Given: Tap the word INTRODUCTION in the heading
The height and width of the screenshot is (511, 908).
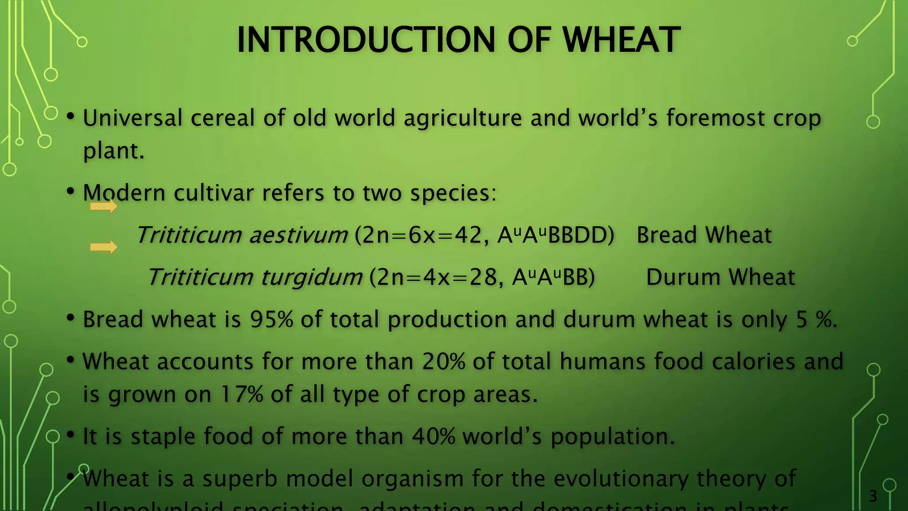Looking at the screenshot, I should point(366,40).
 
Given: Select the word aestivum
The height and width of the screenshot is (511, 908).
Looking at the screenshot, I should point(298,235).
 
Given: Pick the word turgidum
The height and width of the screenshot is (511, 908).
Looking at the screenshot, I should point(312,277).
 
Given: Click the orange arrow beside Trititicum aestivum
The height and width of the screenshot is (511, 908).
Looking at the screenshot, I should point(104,247).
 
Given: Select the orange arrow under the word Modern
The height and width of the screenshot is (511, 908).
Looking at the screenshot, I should point(104,206).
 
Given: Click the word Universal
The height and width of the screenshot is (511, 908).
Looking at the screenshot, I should point(133,118).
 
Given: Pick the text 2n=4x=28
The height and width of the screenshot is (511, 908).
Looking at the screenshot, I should point(437,277).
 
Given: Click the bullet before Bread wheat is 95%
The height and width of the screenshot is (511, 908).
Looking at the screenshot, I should point(70,318).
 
